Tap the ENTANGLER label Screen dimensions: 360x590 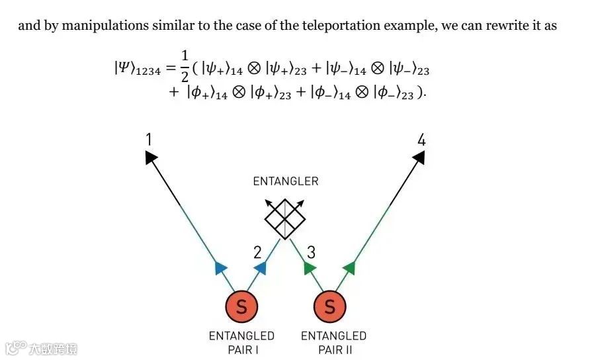click(x=285, y=181)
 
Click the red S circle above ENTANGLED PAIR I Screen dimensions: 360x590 click(x=241, y=306)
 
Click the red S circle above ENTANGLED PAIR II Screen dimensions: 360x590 click(x=329, y=306)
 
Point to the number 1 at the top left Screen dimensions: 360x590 click(x=149, y=139)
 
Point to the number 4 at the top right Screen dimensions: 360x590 click(x=421, y=139)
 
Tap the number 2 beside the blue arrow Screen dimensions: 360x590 click(x=258, y=252)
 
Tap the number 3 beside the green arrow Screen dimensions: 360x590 click(x=311, y=252)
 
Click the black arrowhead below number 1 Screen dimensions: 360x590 click(x=151, y=156)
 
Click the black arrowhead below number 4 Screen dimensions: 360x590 click(x=419, y=156)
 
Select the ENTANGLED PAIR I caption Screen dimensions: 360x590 click(x=241, y=342)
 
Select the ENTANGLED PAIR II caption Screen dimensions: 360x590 click(x=333, y=342)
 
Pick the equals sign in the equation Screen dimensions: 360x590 click(x=169, y=68)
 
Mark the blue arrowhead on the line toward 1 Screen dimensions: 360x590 click(x=221, y=267)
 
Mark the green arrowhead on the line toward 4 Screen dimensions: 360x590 click(x=349, y=267)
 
